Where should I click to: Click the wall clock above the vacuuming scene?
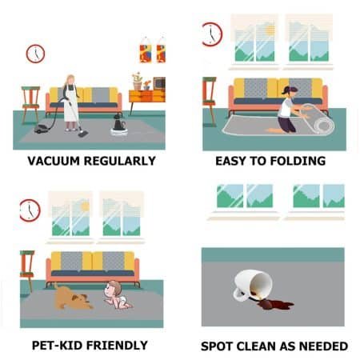click(35, 54)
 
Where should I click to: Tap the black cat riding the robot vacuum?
click(119, 122)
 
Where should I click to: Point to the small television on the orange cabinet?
click(159, 83)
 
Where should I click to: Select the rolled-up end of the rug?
click(323, 123)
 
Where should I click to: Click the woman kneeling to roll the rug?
click(286, 109)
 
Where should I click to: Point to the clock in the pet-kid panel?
click(30, 210)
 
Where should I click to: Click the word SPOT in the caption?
click(219, 346)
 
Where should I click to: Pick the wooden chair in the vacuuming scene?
click(30, 101)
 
